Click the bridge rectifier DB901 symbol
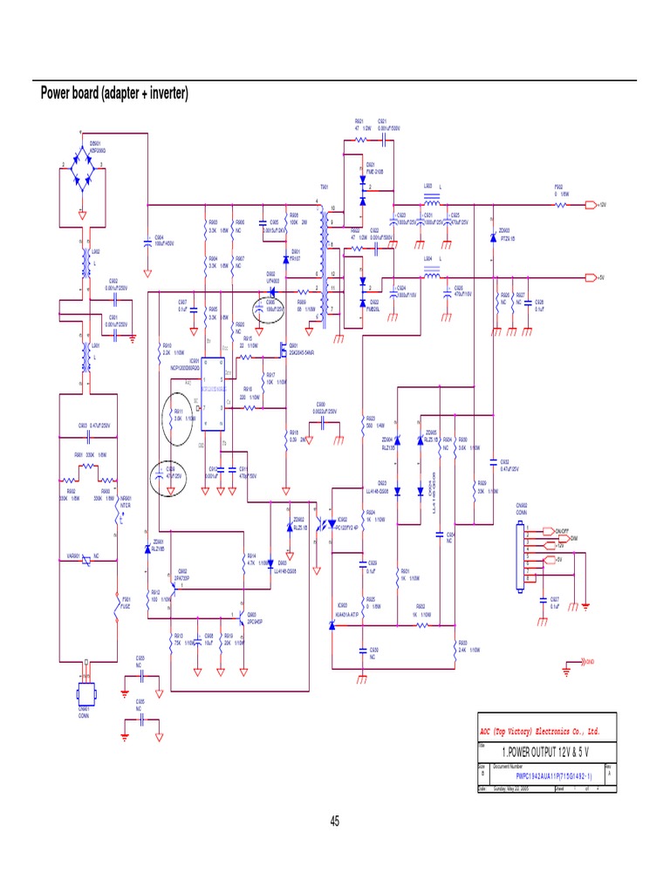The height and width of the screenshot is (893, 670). click(x=82, y=175)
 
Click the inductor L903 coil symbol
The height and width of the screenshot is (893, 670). click(x=430, y=203)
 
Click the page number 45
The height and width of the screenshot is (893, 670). click(x=335, y=821)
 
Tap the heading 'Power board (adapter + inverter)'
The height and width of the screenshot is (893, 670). click(x=115, y=93)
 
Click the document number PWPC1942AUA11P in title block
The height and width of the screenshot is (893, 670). click(x=553, y=774)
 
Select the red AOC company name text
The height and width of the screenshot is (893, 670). click(x=541, y=730)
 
